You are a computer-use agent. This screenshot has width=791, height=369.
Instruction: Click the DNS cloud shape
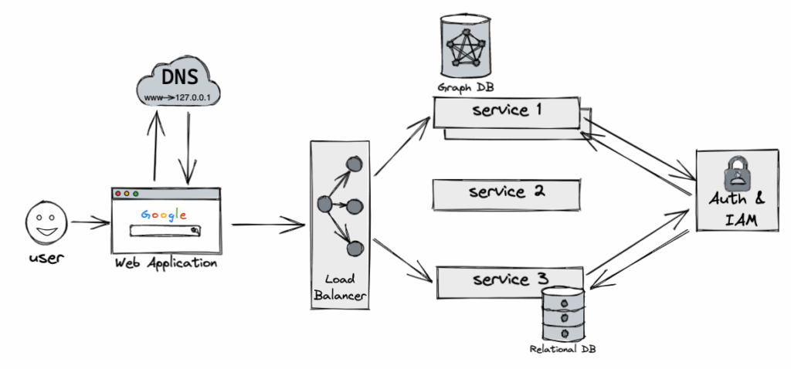point(178,84)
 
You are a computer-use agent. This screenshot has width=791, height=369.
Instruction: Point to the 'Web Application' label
point(165,263)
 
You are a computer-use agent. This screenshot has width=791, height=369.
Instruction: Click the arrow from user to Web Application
point(90,224)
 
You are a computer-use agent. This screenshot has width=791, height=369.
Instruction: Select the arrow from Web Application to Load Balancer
point(266,225)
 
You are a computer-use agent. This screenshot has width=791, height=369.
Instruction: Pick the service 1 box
point(506,112)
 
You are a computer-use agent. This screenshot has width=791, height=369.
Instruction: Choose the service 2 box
point(506,191)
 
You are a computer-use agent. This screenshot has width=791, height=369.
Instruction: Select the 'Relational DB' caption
point(563,349)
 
